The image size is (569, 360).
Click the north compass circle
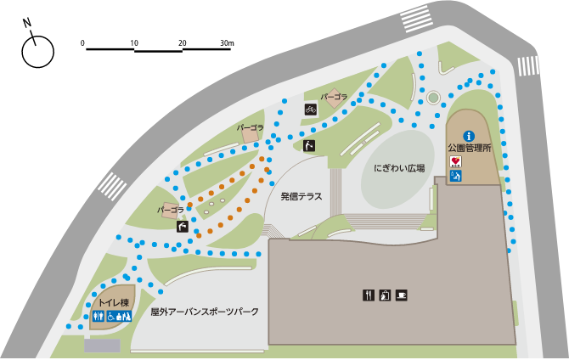pyautogui.click(x=37, y=53)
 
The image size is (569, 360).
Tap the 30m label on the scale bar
pyautogui.click(x=226, y=42)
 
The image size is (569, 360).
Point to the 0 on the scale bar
pyautogui.click(x=83, y=42)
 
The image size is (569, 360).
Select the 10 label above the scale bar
pyautogui.click(x=134, y=42)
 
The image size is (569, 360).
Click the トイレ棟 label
pyautogui.click(x=113, y=303)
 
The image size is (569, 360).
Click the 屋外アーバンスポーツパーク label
pyautogui.click(x=205, y=312)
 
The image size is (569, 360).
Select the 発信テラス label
pyautogui.click(x=302, y=196)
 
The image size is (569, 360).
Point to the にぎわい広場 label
pyautogui.click(x=399, y=169)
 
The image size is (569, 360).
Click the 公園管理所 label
pyautogui.click(x=470, y=148)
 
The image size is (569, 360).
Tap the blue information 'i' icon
pyautogui.click(x=467, y=135)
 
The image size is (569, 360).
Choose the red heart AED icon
pyautogui.click(x=456, y=161)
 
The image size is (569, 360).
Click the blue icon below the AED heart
pyautogui.click(x=456, y=177)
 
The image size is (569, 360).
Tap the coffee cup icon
pyautogui.click(x=401, y=295)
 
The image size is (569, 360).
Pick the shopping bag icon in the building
pyautogui.click(x=385, y=295)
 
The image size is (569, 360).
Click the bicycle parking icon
pyautogui.click(x=311, y=109)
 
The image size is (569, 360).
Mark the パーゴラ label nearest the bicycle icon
pyautogui.click(x=335, y=97)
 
